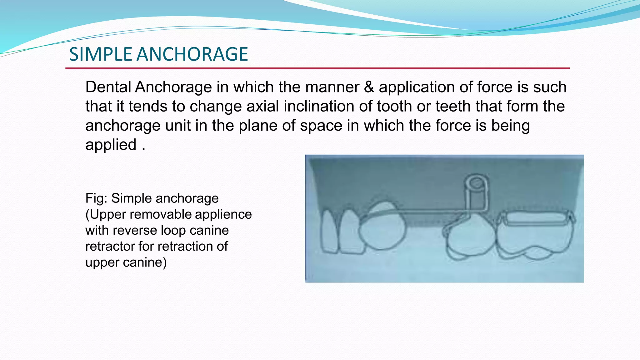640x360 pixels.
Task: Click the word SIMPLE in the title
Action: (101, 54)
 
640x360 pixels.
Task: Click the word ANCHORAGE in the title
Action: (192, 54)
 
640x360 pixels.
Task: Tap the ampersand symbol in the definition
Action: (369, 87)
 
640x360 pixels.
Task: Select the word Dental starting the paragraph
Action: (108, 87)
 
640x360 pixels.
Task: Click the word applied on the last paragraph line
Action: (111, 145)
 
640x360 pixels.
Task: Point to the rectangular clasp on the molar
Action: (536, 217)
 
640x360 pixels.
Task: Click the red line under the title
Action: (317, 68)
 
